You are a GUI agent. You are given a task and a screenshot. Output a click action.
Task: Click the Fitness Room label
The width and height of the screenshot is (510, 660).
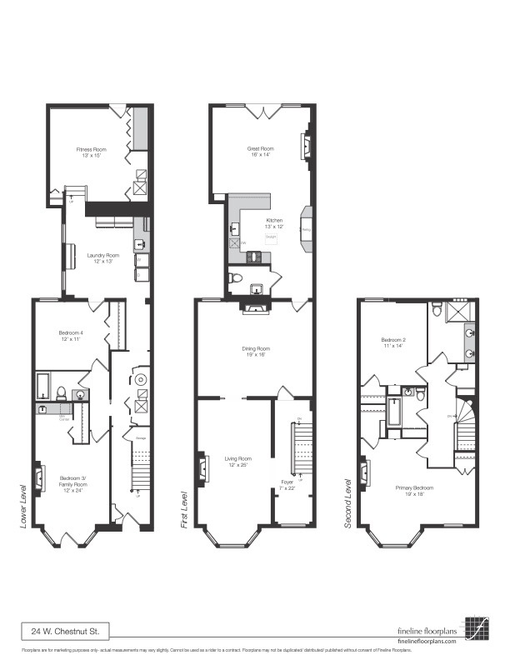[91, 151]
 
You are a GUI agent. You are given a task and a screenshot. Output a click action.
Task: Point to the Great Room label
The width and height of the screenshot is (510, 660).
[260, 152]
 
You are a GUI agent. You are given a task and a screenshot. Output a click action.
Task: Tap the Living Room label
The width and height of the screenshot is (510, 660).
[237, 461]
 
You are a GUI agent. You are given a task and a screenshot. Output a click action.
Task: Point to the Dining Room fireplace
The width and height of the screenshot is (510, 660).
[253, 307]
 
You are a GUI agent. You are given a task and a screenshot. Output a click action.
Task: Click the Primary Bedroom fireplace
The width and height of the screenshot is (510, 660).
[364, 475]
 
